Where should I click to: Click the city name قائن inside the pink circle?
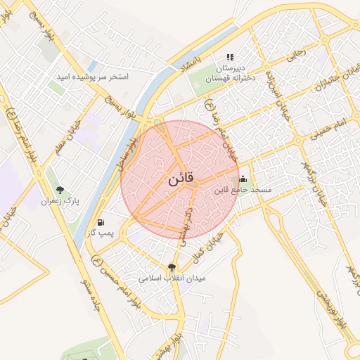[180, 180]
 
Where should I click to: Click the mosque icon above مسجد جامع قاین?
[243, 179]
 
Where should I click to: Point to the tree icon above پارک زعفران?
[60, 190]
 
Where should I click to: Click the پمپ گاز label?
[100, 233]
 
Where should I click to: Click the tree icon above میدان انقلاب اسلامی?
[172, 267]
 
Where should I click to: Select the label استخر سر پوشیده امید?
[94, 76]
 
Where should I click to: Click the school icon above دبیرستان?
[229, 58]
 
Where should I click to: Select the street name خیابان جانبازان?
[342, 79]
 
